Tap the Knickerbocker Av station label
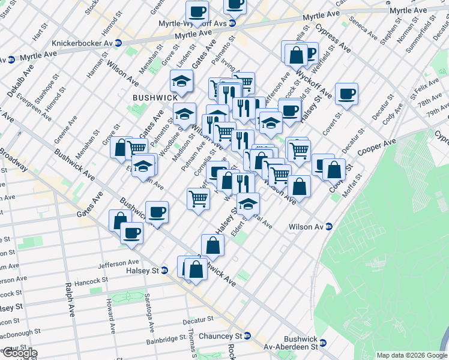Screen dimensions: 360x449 [x=83, y=43]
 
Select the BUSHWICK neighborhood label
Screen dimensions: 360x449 [x=155, y=97]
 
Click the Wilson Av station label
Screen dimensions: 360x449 [x=310, y=226]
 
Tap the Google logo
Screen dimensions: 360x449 [x=20, y=353]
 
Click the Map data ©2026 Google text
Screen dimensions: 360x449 [x=411, y=355]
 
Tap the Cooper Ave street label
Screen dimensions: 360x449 [x=376, y=147]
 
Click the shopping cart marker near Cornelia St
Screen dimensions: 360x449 [x=197, y=198]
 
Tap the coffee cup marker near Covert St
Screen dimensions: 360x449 [x=346, y=94]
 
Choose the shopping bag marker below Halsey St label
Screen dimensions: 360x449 [x=212, y=245]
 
